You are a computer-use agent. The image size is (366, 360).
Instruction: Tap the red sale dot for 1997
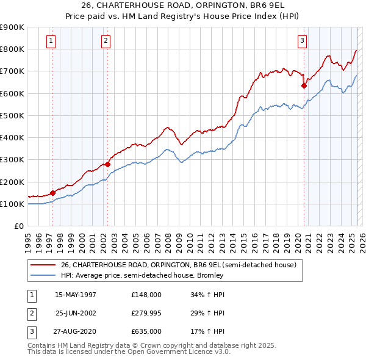coord(52,193)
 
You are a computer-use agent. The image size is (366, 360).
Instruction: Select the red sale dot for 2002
coord(108,164)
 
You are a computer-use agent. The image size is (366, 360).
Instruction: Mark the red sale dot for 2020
coord(304,85)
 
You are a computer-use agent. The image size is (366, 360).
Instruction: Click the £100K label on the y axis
coord(12,204)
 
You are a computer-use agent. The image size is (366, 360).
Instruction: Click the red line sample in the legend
coord(43,265)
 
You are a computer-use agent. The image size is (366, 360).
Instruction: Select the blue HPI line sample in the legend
coord(43,275)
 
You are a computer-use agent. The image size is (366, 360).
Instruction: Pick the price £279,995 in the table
coord(146,313)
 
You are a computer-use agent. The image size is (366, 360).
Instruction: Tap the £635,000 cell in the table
coord(146,331)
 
